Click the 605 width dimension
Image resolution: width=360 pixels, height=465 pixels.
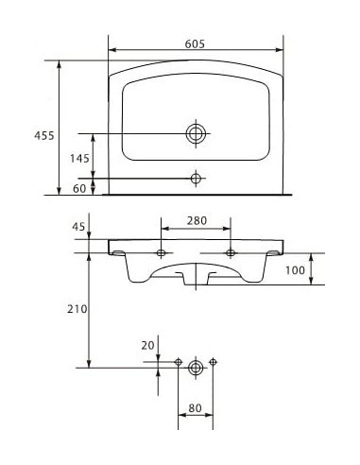click(196, 43)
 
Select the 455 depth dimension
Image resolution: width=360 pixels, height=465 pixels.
click(42, 135)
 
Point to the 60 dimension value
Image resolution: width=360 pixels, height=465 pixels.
click(79, 188)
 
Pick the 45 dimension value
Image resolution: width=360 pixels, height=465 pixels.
click(78, 226)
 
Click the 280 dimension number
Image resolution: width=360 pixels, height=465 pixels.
click(196, 221)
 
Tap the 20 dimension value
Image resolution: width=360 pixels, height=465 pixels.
click(147, 346)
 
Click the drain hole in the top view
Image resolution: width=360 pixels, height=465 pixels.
click(196, 133)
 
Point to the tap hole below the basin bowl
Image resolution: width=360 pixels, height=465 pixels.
click(196, 178)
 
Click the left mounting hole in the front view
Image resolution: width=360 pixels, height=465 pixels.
click(162, 253)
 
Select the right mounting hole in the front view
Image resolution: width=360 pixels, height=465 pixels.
click(231, 253)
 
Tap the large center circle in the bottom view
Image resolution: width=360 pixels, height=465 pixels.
click(196, 366)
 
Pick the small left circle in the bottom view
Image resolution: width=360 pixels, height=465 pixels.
click(179, 362)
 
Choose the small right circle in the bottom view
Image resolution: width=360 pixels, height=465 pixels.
click(214, 362)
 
